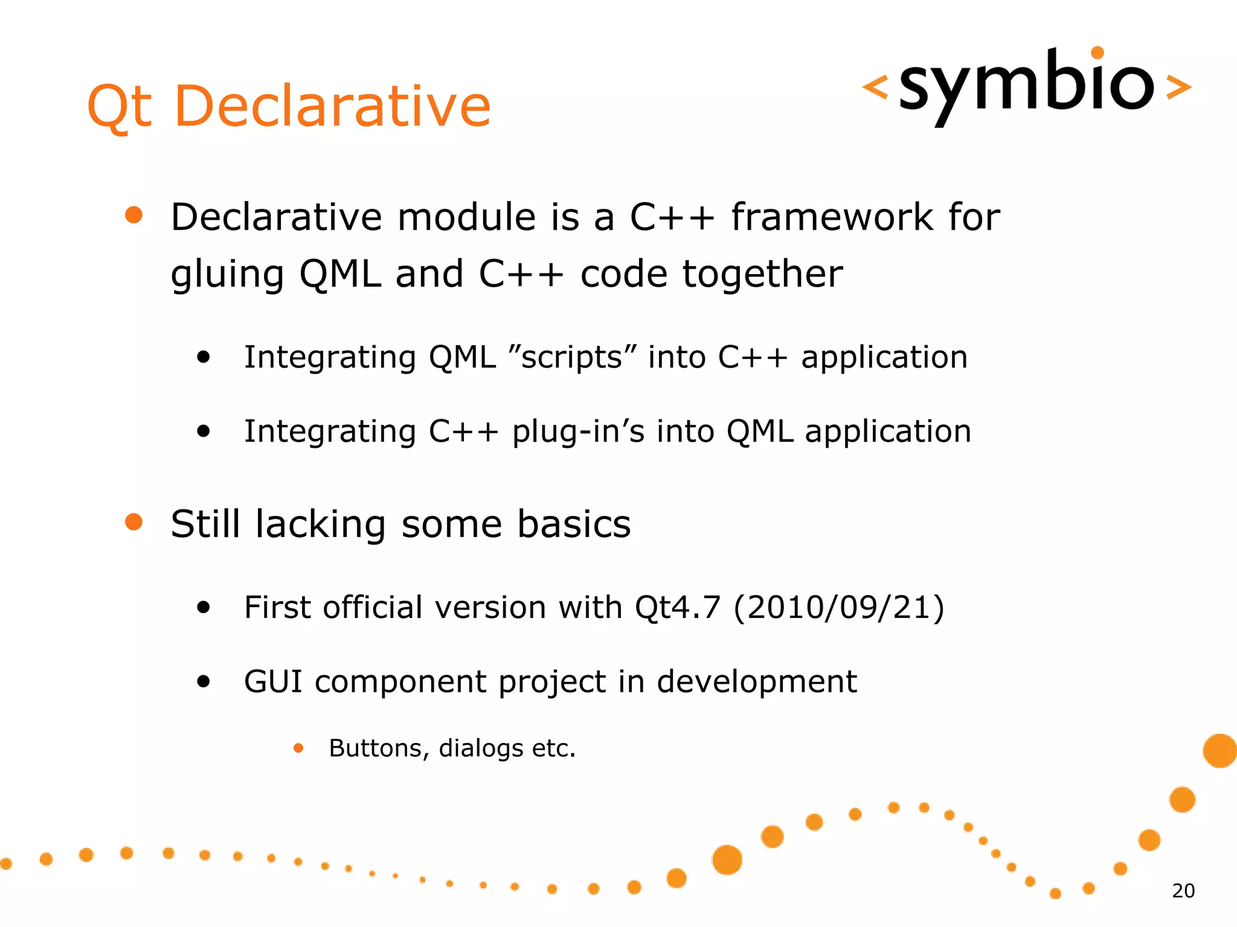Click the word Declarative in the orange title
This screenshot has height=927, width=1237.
pyautogui.click(x=332, y=106)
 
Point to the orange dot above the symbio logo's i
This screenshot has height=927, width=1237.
pyautogui.click(x=1097, y=53)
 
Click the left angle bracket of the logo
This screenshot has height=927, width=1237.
pyautogui.click(x=875, y=86)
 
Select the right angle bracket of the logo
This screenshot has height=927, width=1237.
pyautogui.click(x=1178, y=86)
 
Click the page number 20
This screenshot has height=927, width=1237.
pyautogui.click(x=1183, y=891)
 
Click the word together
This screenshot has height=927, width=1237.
pyautogui.click(x=762, y=274)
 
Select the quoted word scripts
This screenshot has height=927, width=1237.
pyautogui.click(x=571, y=357)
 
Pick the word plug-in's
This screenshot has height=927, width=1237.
pyautogui.click(x=579, y=432)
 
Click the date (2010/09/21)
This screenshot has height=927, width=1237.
pyautogui.click(x=839, y=607)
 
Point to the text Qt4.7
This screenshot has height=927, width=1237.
pyautogui.click(x=677, y=607)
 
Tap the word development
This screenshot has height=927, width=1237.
pyautogui.click(x=756, y=681)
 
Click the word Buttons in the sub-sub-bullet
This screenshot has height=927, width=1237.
pyautogui.click(x=375, y=748)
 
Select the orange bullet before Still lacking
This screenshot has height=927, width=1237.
pyautogui.click(x=133, y=522)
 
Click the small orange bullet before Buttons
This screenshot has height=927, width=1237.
pyautogui.click(x=298, y=748)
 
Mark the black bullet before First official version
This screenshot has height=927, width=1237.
pyautogui.click(x=204, y=607)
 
